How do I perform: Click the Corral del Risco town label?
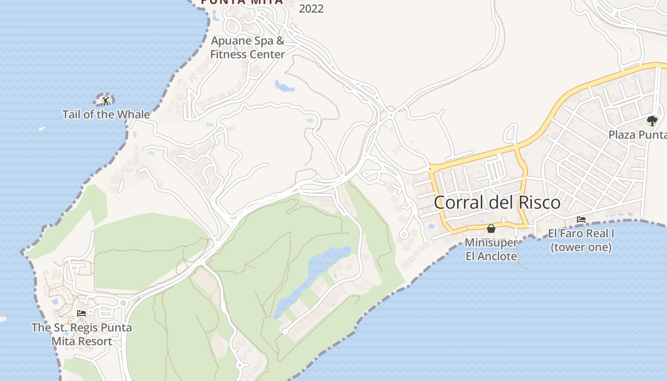pyautogui.click(x=497, y=202)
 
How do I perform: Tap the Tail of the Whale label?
pyautogui.click(x=106, y=115)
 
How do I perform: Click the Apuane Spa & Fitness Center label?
pyautogui.click(x=247, y=48)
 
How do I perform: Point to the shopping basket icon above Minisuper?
pyautogui.click(x=491, y=229)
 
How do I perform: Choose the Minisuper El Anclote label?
pyautogui.click(x=491, y=249)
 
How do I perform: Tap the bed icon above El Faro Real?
pyautogui.click(x=581, y=220)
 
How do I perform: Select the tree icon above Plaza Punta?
pyautogui.click(x=652, y=121)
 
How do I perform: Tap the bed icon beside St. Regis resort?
pyautogui.click(x=81, y=313)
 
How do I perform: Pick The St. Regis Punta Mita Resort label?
pyautogui.click(x=81, y=334)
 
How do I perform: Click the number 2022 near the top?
pyautogui.click(x=311, y=9)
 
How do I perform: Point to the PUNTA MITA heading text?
pyautogui.click(x=242, y=2)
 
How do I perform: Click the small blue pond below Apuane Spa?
pyautogui.click(x=284, y=86)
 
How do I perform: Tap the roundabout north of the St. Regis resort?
pyautogui.click(x=123, y=302)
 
